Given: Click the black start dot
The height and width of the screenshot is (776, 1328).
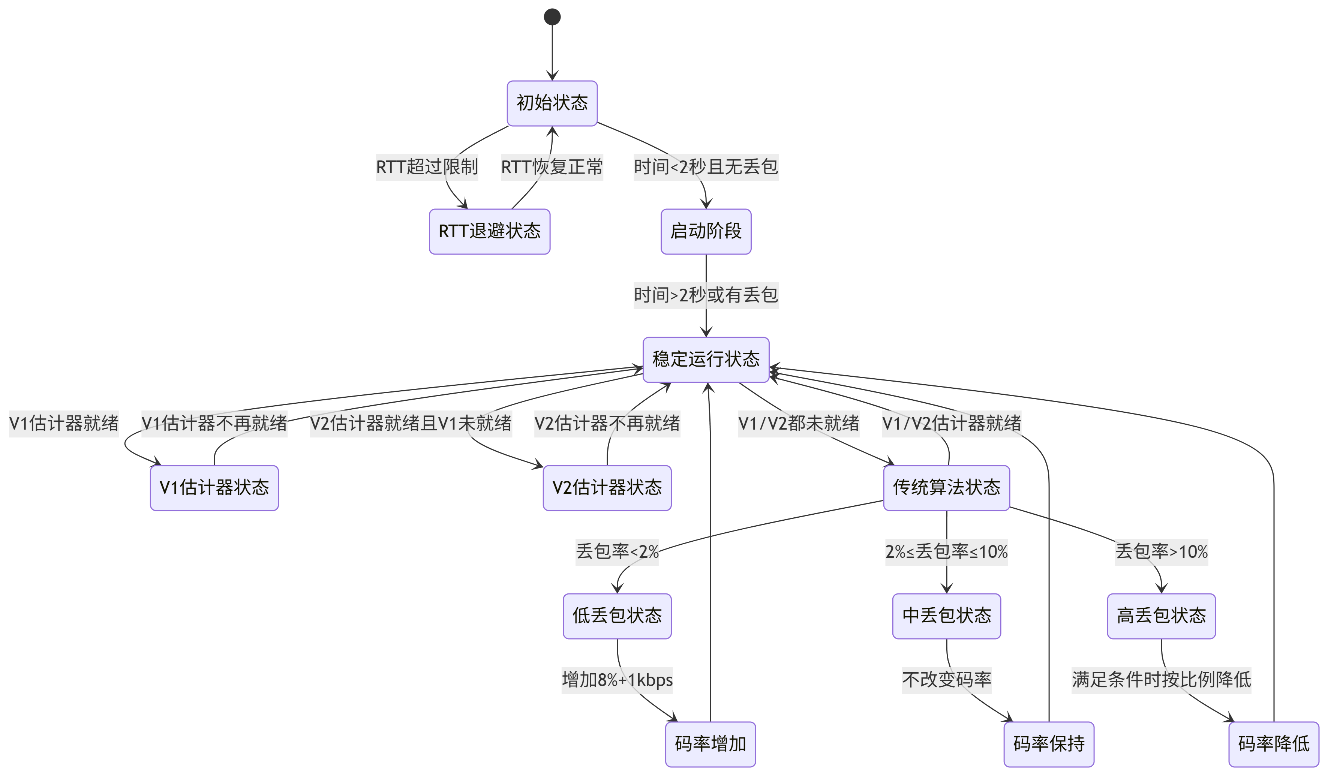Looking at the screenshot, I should [552, 17].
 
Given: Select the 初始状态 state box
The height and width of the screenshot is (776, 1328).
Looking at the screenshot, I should [552, 103].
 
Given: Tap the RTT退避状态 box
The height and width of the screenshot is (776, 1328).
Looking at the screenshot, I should [490, 231].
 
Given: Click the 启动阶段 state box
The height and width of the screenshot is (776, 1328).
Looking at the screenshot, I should [706, 231].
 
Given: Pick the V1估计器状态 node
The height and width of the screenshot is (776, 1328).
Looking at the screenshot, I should [214, 488].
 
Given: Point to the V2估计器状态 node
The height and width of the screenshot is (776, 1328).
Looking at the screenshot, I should [607, 488].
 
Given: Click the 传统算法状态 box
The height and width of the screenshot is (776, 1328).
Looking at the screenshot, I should [946, 488].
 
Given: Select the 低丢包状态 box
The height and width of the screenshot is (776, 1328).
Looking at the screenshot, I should [617, 616].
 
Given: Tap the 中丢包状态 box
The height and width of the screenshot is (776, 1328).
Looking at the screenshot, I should [946, 616].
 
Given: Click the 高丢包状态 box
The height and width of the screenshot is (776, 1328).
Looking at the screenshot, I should [1162, 616].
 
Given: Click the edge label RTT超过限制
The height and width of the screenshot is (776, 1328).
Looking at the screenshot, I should [427, 167].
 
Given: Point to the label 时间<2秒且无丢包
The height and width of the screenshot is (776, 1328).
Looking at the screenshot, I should [706, 167].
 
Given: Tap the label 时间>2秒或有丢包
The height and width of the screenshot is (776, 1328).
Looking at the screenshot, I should [706, 295].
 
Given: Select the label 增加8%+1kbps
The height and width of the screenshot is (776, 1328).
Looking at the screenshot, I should [617, 680].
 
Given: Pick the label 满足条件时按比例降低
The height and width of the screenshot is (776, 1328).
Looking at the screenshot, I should [1162, 680].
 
